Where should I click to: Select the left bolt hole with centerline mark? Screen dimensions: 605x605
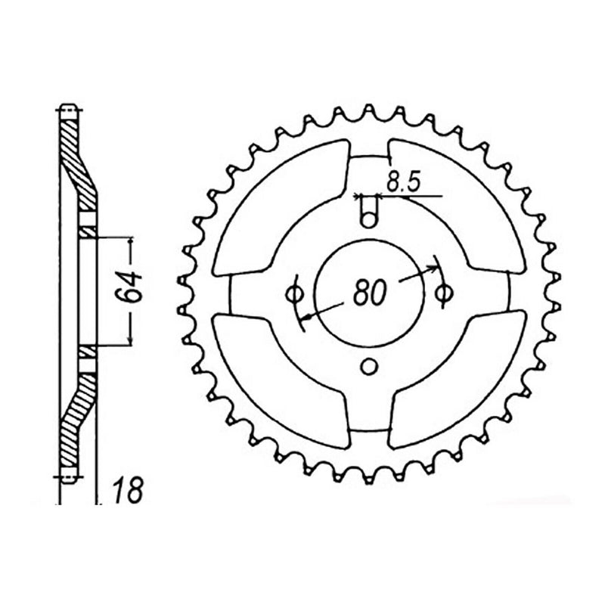[295, 293]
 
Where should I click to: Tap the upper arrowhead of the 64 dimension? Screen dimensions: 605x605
[133, 240]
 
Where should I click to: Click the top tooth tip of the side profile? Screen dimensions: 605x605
[67, 107]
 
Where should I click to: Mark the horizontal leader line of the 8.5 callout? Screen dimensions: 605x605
[412, 197]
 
